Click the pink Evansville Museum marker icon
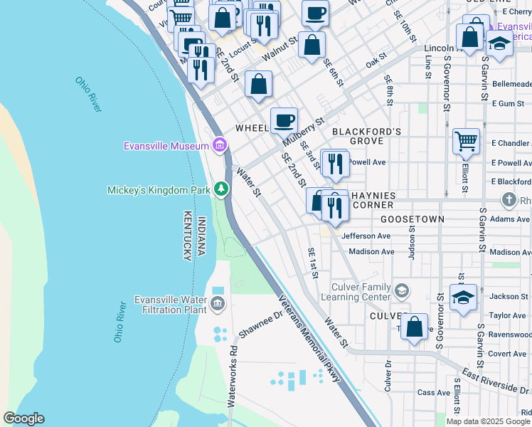[x=220, y=147]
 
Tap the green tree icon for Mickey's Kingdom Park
[x=222, y=189]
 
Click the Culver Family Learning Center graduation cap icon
[x=402, y=290]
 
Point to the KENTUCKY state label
[x=188, y=236]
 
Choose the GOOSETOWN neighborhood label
[x=412, y=219]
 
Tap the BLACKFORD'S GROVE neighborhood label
[x=367, y=136]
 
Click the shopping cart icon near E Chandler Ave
[x=466, y=141]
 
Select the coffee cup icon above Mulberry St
[x=284, y=120]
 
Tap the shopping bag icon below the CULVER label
[x=415, y=327]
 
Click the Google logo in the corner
[x=23, y=418]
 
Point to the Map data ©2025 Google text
[x=488, y=421]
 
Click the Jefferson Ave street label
[x=366, y=236]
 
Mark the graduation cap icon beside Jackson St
[x=463, y=297]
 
